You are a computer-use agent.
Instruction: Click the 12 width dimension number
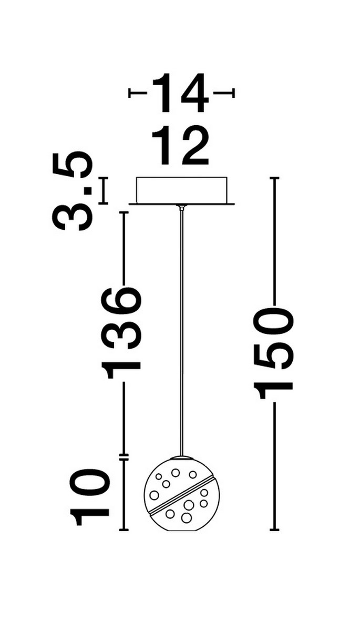tap(180, 146)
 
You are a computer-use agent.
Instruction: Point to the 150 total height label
tap(274, 349)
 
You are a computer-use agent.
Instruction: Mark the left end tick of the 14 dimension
tap(130, 93)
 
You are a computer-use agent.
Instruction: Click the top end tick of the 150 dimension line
tap(274, 178)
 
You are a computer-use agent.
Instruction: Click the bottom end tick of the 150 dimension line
tap(274, 529)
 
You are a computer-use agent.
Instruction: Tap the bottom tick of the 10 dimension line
tap(124, 529)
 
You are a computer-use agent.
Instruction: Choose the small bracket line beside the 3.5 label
tap(104, 190)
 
